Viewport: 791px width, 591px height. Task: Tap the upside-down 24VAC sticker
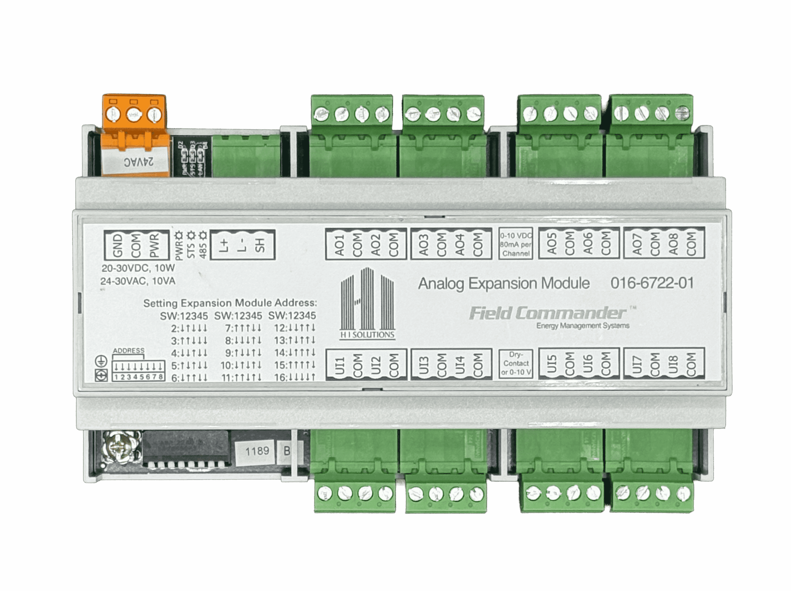(139, 162)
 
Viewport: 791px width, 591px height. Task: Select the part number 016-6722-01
(652, 283)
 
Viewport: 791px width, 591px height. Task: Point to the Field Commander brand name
(548, 313)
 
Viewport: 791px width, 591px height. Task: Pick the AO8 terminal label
(673, 244)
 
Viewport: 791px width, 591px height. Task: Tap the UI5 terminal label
(552, 364)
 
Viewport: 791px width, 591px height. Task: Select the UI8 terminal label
(673, 364)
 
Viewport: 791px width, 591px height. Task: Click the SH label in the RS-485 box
(260, 245)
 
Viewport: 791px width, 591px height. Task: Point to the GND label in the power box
(118, 245)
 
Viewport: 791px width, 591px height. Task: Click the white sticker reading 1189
(257, 451)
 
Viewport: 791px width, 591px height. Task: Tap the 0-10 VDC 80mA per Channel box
(516, 244)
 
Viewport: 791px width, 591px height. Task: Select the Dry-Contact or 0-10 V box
(516, 363)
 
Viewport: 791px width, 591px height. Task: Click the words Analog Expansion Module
(504, 284)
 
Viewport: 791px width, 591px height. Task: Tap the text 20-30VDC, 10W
(138, 268)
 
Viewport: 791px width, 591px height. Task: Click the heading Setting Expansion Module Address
(230, 303)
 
